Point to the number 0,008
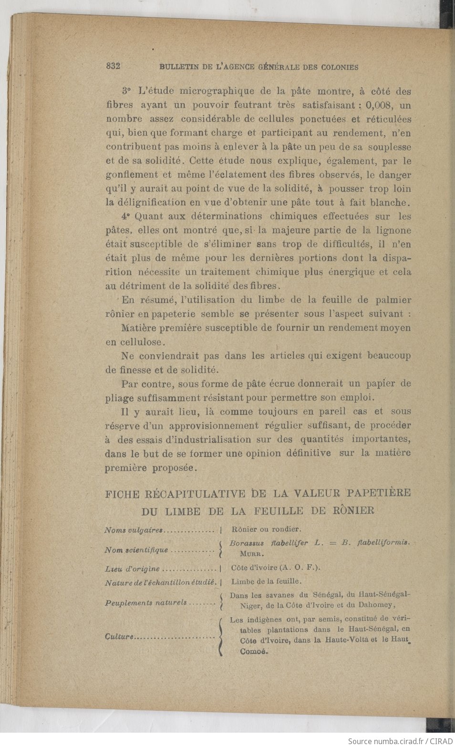tap(379, 105)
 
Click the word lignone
tap(393, 230)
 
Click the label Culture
tap(118, 637)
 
